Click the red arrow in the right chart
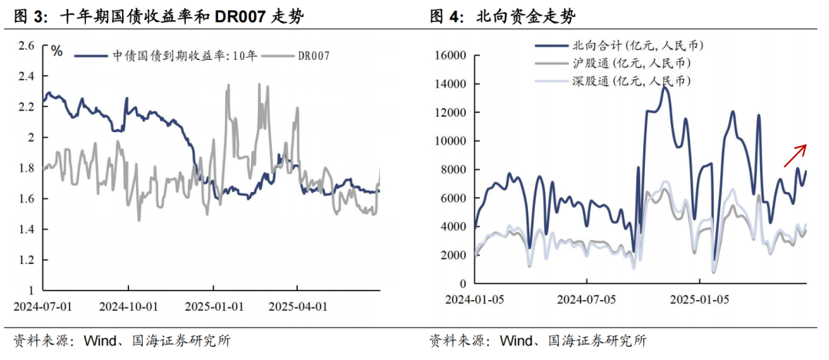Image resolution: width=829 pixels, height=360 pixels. point(794,155)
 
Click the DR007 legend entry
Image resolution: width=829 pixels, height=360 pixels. point(314,54)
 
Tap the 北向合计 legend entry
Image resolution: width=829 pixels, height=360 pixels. point(638,47)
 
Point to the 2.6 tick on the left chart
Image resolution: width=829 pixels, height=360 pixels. point(26,46)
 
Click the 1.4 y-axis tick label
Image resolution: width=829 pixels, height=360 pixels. point(26,230)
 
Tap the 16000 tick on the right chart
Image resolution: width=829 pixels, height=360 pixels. point(451,55)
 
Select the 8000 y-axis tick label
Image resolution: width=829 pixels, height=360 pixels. point(454,170)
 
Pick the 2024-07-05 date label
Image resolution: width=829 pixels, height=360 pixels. point(588,299)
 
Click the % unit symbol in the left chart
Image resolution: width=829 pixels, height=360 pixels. point(57,51)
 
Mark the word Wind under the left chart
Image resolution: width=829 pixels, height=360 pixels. point(101,341)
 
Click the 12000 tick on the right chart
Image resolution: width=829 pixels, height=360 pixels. point(451,113)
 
